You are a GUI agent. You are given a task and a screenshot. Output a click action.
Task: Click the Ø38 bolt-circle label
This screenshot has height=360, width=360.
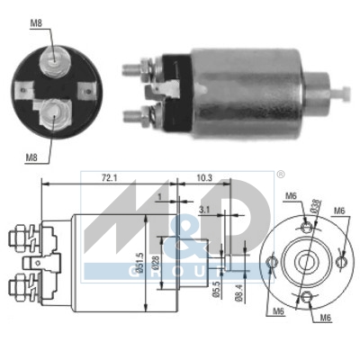[315, 207]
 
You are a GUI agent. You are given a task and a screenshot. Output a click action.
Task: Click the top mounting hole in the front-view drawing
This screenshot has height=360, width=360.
[305, 224]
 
